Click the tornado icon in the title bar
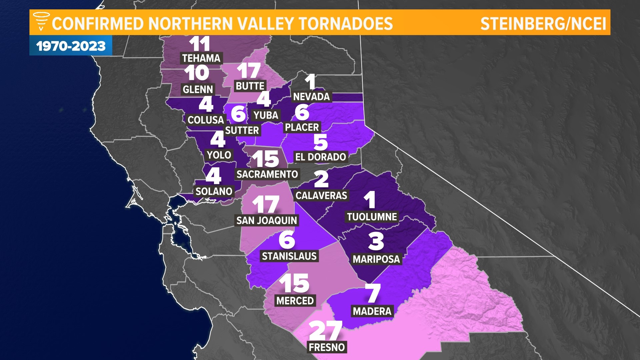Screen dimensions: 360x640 point(41,21)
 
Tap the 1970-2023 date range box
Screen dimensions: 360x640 point(71,46)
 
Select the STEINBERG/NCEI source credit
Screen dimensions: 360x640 point(543,24)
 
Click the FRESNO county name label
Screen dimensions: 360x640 point(327,347)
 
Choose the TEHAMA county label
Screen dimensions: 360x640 point(201,58)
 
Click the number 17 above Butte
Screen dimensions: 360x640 point(249,71)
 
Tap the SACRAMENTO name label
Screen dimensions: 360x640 point(267,174)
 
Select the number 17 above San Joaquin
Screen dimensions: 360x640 point(266,204)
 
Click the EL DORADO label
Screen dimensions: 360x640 point(320,157)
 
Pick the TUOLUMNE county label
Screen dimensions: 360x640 point(372,217)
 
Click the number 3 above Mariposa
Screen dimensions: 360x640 point(376,241)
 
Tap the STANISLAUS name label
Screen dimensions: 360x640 point(289,256)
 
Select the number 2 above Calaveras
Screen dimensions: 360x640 point(321,179)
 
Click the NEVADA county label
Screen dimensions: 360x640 point(311,97)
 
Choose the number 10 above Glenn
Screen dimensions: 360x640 point(197,73)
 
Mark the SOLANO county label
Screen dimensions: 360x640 point(214,191)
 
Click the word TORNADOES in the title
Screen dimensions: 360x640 point(346,24)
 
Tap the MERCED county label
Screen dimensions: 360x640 point(295,301)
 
